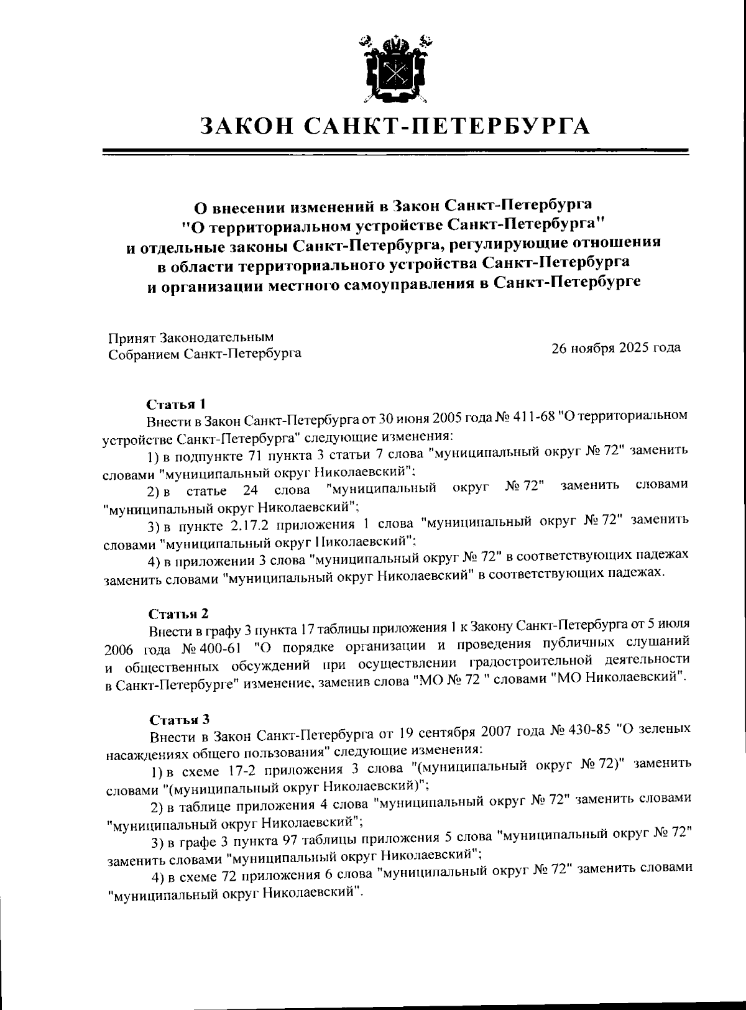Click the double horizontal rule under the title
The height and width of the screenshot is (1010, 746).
(x=395, y=151)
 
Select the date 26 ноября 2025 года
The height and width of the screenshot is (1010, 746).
(x=615, y=347)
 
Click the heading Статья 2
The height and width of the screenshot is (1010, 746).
(x=178, y=614)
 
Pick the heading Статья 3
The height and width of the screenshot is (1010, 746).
(x=178, y=720)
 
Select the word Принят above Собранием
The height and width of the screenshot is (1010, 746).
(x=132, y=337)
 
